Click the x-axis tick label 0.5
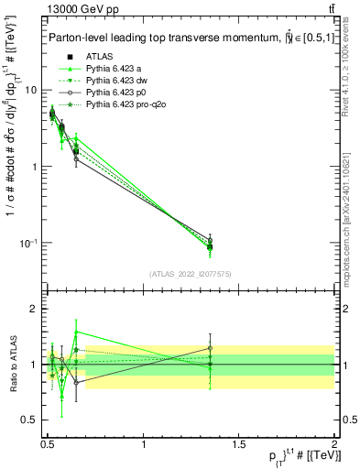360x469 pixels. click(48, 444)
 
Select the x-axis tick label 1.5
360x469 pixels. click(239, 444)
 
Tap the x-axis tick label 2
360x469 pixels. click(334, 444)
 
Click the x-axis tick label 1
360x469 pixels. click(144, 444)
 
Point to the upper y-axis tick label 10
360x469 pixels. click(30, 90)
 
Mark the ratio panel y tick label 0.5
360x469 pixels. click(28, 421)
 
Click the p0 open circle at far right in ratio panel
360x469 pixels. click(211, 348)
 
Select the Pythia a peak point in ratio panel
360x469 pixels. click(76, 332)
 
